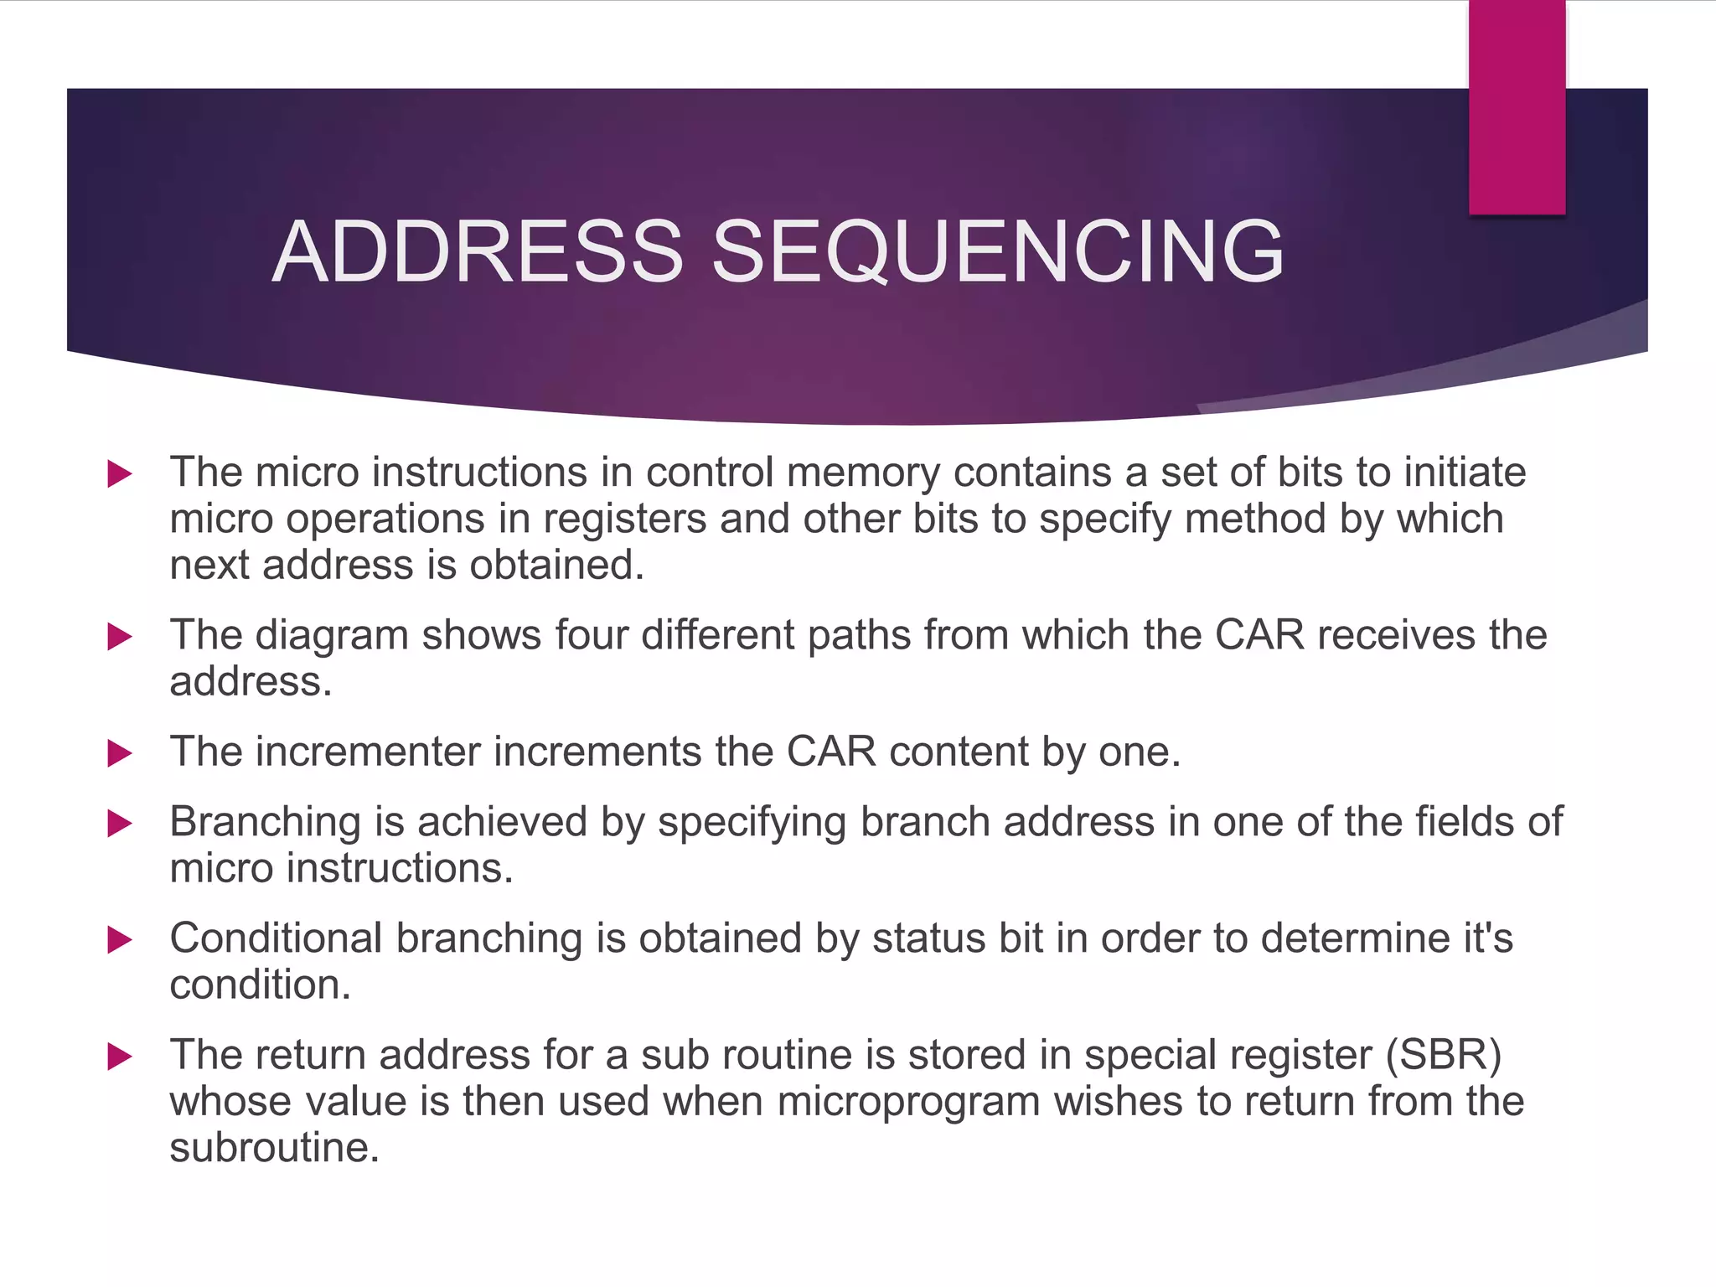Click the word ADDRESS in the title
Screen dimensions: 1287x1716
[x=478, y=251]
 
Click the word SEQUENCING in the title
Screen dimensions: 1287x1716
[x=997, y=251]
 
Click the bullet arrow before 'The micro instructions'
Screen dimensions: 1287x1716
[x=120, y=474]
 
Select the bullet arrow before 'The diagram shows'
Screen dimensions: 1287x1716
[x=120, y=637]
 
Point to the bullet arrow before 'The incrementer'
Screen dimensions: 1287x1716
[x=120, y=753]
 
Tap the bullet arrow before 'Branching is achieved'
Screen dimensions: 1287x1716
[x=120, y=824]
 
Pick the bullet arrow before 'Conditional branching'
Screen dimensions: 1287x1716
[x=120, y=940]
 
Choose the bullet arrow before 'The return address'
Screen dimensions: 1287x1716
[x=120, y=1057]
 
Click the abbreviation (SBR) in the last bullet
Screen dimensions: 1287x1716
[x=1443, y=1055]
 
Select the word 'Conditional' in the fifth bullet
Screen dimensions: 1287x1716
[x=276, y=938]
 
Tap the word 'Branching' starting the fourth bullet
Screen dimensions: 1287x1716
[x=265, y=822]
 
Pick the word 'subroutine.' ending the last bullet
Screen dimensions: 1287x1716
[x=275, y=1148]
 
